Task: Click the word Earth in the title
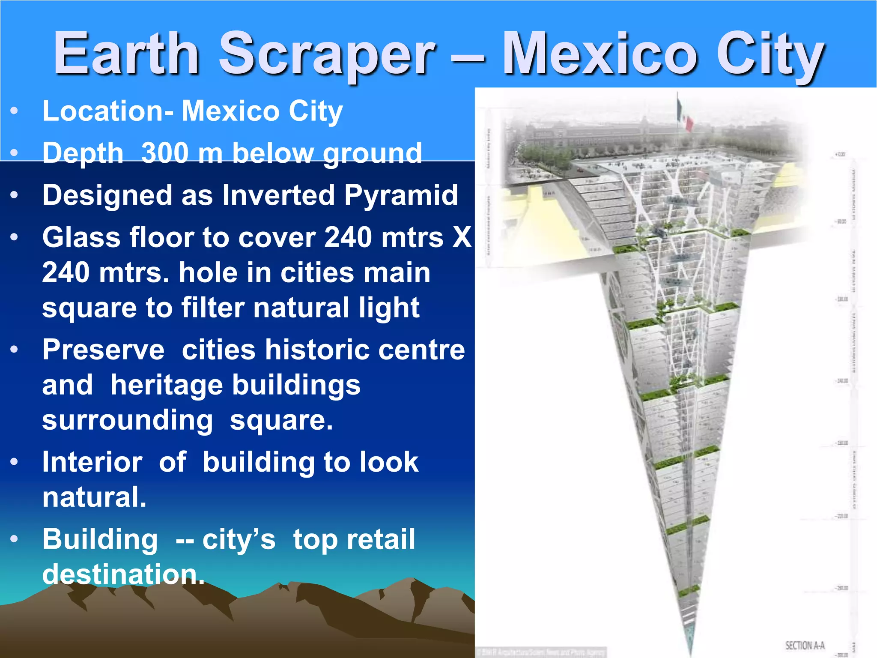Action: (127, 54)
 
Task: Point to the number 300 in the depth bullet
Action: (165, 153)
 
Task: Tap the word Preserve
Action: (103, 350)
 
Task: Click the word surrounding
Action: (128, 421)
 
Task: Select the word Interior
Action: (92, 463)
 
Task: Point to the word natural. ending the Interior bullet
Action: (94, 497)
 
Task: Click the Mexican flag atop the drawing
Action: (684, 114)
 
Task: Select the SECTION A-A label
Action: (805, 645)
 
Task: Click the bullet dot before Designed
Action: (15, 195)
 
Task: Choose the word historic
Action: (316, 350)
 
